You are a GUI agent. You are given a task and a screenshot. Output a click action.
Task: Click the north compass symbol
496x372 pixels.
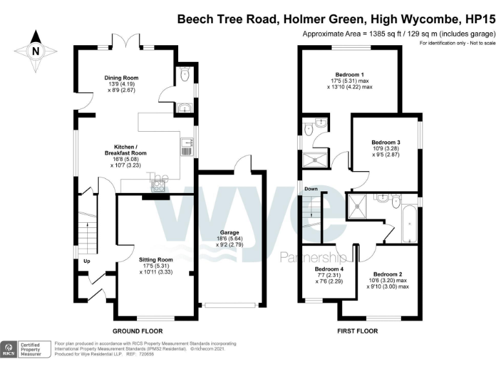coord(35,47)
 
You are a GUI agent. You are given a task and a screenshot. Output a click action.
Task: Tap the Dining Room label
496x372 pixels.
coord(121,78)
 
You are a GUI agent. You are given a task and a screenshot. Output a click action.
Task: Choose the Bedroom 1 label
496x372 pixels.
coord(349,74)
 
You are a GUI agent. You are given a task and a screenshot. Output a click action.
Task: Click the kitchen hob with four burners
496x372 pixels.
coord(157,186)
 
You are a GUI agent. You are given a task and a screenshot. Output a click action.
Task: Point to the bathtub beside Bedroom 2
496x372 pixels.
coord(409,223)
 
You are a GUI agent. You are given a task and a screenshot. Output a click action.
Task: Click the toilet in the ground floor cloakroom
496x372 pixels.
coord(185,76)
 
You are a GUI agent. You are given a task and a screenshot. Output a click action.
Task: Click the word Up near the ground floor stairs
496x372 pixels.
coord(86,262)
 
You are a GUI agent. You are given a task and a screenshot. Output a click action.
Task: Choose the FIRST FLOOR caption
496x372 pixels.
coord(357,331)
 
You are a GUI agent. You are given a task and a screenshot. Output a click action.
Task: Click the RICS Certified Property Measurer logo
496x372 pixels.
coord(26,349)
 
